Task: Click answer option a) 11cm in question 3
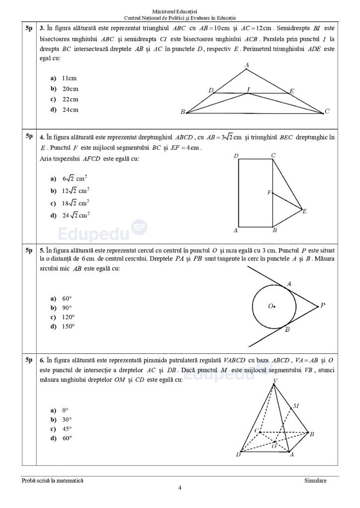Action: click(64, 78)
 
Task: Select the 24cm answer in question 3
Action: click(65, 110)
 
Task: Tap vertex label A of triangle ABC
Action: click(247, 64)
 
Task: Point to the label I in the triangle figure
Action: click(249, 88)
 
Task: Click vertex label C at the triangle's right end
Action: click(327, 111)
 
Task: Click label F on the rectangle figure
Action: click(269, 192)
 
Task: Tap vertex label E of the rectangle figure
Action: click(304, 211)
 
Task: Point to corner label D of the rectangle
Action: click(236, 156)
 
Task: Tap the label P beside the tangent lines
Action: click(322, 306)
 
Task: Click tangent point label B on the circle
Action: click(288, 329)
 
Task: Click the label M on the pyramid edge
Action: click(295, 406)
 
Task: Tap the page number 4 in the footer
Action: click(180, 487)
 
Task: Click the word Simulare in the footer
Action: click(316, 480)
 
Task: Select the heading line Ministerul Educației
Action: click(180, 11)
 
